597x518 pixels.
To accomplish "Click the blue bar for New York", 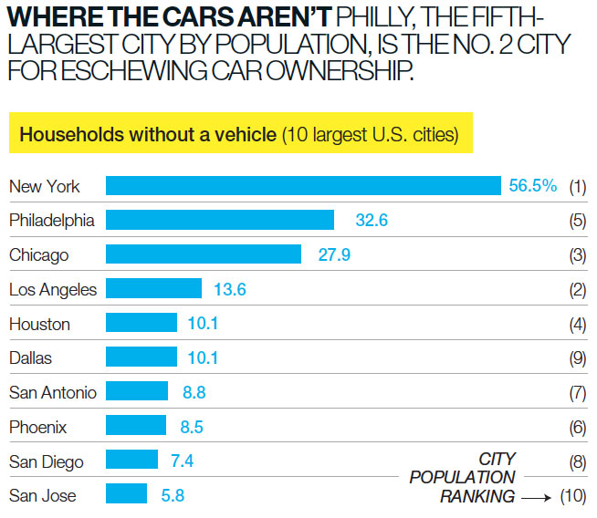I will click(x=303, y=186).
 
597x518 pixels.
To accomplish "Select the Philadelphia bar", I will click(x=220, y=220).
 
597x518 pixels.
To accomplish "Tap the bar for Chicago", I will click(x=204, y=254).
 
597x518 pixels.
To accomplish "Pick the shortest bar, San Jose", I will click(x=126, y=495).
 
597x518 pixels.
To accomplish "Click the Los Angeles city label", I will click(x=52, y=289).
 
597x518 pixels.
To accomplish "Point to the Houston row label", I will click(x=39, y=324).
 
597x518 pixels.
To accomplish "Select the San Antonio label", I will click(x=52, y=392).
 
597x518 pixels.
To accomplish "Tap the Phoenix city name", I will click(x=38, y=427).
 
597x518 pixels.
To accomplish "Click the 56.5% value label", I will click(x=532, y=186).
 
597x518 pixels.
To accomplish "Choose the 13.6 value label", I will click(x=231, y=289).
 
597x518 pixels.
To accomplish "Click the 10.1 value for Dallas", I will click(x=203, y=357).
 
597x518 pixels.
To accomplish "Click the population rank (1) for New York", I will click(x=576, y=187).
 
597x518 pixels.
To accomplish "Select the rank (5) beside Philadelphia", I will click(x=576, y=221).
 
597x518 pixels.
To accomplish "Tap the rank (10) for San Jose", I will click(x=572, y=496).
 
